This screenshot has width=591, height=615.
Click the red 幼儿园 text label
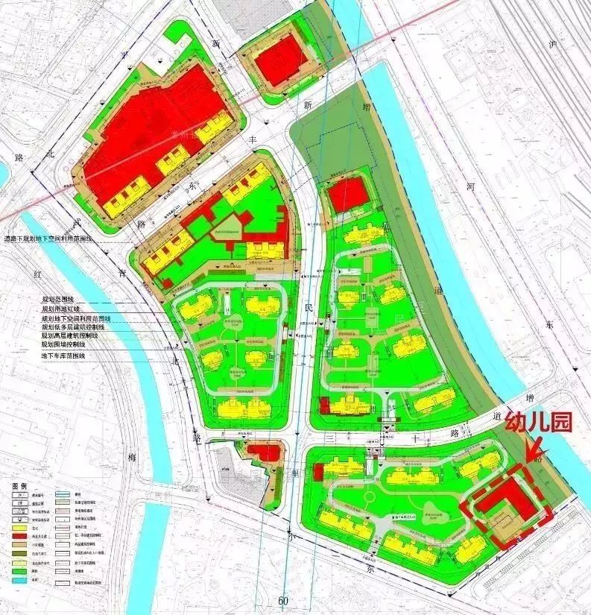coord(538,423)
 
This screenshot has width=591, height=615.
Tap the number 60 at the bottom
coord(283,601)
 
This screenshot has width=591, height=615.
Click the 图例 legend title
coord(20,485)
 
